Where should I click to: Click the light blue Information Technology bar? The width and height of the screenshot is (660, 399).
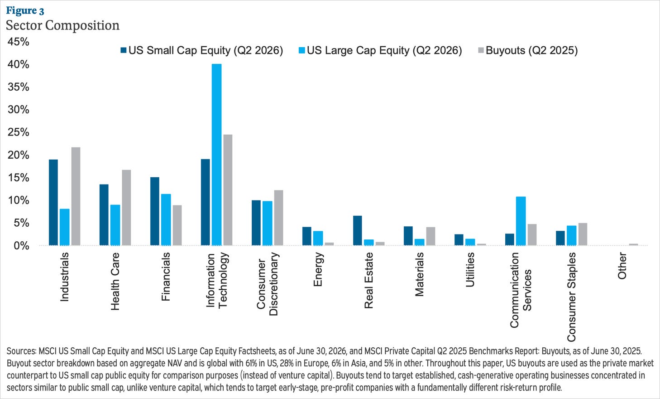pos(216,155)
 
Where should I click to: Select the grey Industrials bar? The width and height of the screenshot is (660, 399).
pos(76,196)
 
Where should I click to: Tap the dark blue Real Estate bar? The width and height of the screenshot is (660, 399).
pos(358,230)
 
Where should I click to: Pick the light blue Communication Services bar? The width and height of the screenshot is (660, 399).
pos(521,221)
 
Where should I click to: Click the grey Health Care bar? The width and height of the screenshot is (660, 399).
pos(126,208)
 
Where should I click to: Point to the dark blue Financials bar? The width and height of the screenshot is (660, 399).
pos(155,211)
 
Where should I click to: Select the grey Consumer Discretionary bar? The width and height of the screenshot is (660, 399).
pos(279,218)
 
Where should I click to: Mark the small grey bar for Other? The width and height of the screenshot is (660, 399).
pos(633,244)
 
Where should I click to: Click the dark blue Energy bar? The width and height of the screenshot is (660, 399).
pos(307,236)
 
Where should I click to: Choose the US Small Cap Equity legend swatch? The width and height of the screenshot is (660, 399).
pos(124,50)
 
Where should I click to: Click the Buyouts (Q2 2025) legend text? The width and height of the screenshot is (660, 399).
pos(532,50)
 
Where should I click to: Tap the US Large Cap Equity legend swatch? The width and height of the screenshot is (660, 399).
pos(302,50)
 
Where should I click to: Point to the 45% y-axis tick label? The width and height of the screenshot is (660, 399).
pos(18,42)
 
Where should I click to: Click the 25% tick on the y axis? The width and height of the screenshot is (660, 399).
pos(18,132)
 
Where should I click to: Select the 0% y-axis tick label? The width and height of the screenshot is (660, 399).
pos(22,246)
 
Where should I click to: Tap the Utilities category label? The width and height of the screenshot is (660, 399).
pos(470,270)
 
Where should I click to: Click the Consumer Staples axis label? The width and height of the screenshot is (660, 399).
pos(571,297)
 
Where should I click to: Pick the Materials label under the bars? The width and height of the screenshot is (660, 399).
pos(419,274)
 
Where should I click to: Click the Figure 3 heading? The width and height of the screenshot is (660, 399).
pos(25,10)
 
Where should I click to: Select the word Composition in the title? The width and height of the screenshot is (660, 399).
pos(82,25)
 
